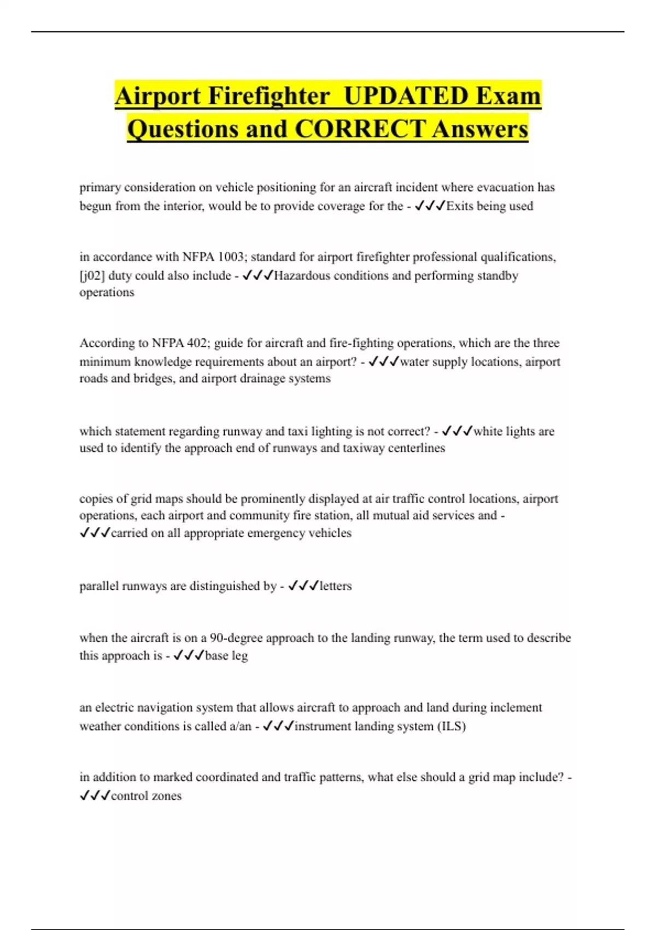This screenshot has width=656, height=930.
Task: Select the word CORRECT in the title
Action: click(x=360, y=130)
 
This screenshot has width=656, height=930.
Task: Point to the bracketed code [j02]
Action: click(x=92, y=276)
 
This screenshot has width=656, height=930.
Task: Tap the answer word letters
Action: click(x=336, y=586)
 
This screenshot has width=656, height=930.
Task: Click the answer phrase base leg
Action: click(x=226, y=655)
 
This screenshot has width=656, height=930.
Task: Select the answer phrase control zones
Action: click(x=146, y=796)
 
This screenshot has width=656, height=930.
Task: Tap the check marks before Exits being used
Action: click(x=430, y=206)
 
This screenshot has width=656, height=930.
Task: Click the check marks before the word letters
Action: click(x=303, y=586)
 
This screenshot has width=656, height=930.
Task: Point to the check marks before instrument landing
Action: click(x=278, y=726)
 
